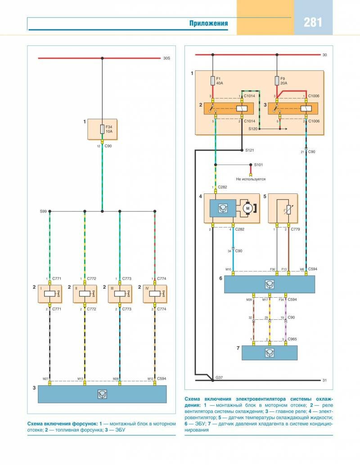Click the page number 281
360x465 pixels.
click(x=313, y=22)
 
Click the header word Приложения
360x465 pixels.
click(x=208, y=24)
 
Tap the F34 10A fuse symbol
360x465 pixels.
click(x=102, y=130)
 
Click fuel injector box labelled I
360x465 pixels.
click(x=49, y=294)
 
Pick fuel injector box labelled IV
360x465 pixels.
click(x=155, y=294)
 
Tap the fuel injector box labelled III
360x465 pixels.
click(x=120, y=294)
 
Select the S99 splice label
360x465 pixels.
click(x=43, y=210)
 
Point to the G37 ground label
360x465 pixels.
click(x=220, y=377)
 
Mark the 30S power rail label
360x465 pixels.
click(x=166, y=58)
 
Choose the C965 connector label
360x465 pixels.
click(x=292, y=339)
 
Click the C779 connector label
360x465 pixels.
click(x=296, y=230)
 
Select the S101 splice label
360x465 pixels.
click(x=258, y=165)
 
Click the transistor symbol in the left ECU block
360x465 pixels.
click(x=102, y=394)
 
